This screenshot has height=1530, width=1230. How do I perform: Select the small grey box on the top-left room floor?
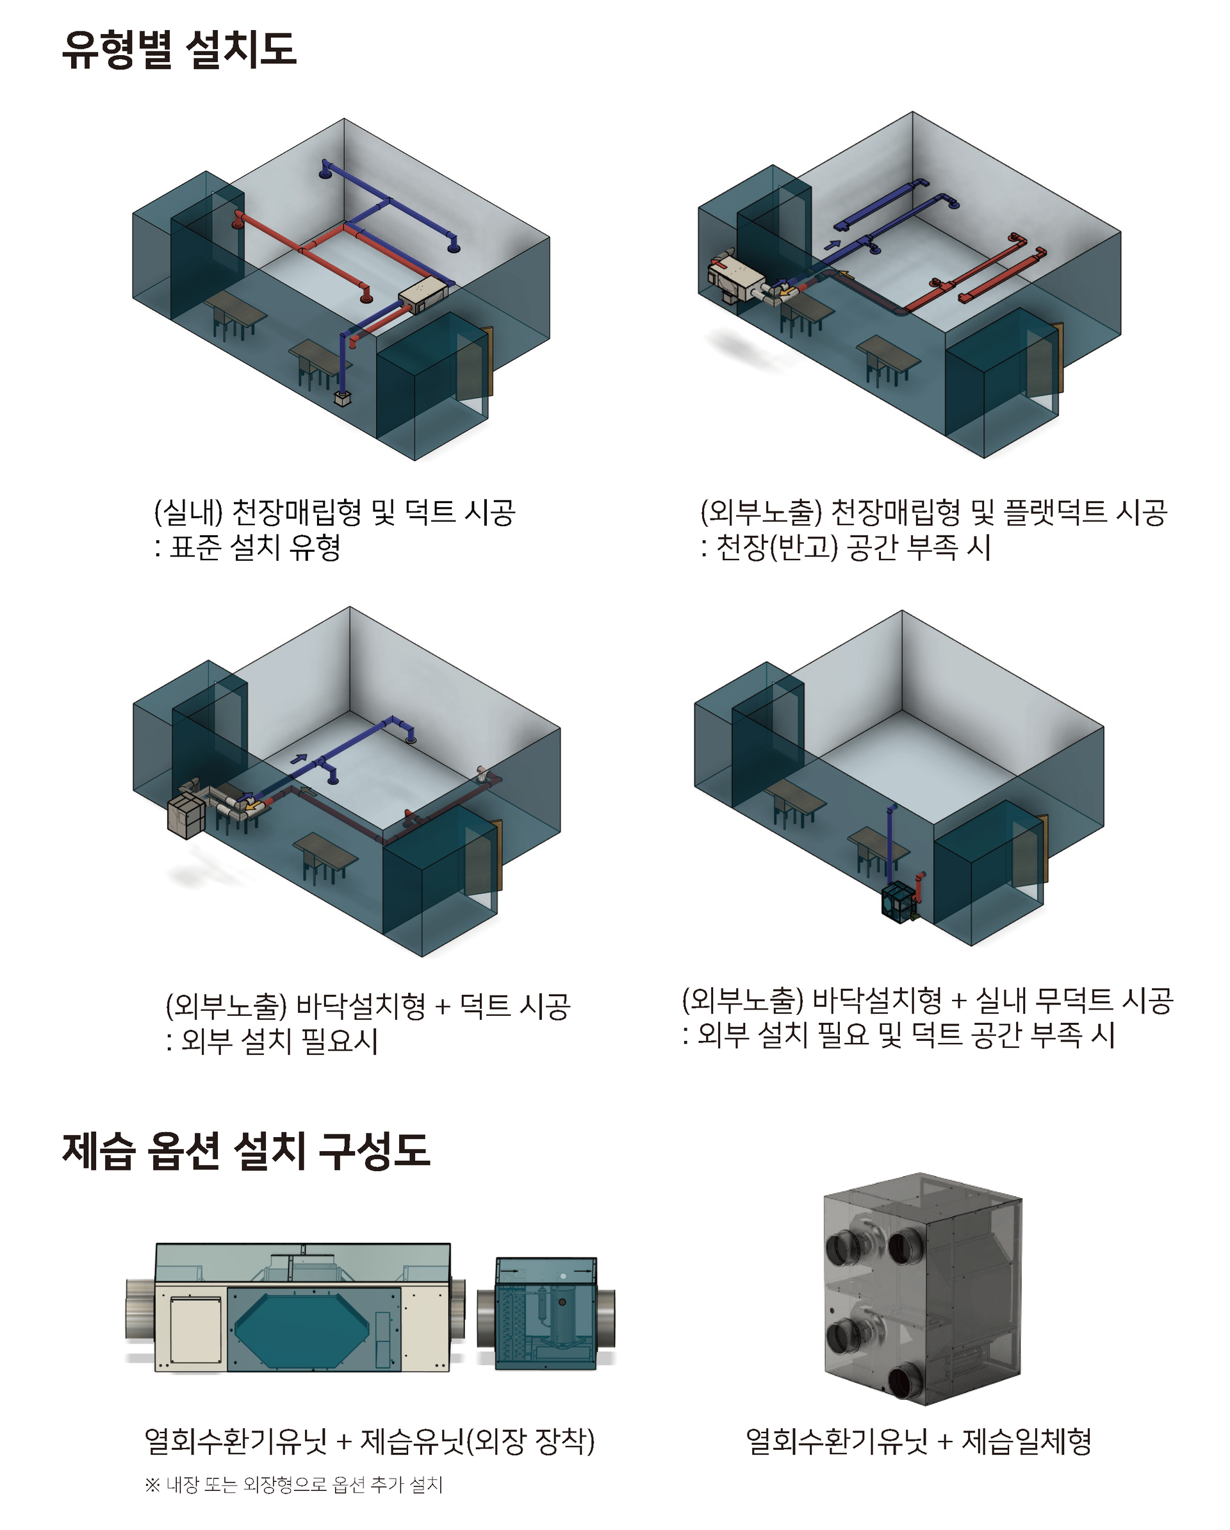343,398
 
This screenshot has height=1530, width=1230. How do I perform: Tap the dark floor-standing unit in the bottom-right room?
899,902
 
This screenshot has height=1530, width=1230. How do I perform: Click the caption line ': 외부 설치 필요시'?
272,1040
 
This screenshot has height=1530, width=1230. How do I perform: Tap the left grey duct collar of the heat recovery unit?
140,1310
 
